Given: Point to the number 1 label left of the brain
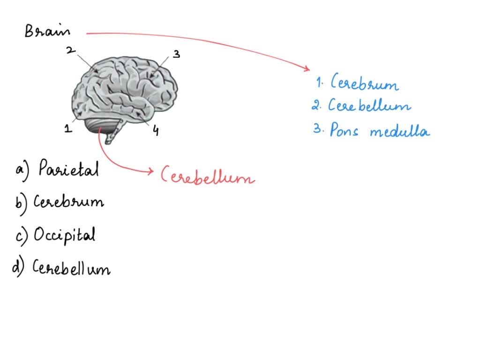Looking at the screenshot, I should (68, 128).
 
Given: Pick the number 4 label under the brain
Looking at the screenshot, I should (155, 131).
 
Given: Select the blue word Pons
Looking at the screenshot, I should (344, 130).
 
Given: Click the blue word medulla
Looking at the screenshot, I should (399, 131).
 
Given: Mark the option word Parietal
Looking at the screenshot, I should (68, 168).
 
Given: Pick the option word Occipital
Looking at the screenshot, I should (65, 234).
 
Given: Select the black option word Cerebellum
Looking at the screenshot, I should (71, 268).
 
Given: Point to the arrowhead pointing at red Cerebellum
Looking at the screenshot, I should (151, 172).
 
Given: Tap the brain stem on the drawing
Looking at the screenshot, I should (114, 132).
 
